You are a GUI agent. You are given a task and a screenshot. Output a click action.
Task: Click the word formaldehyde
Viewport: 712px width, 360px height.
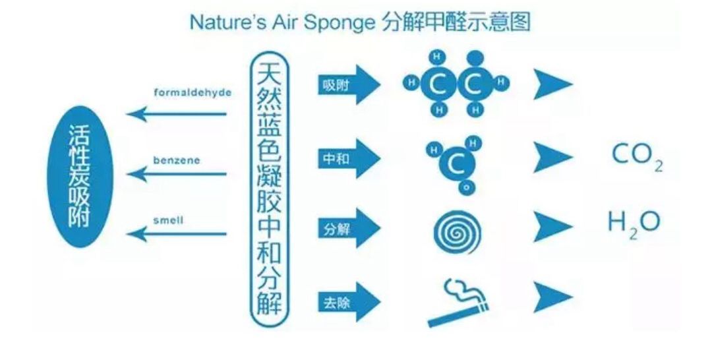pos(193,92)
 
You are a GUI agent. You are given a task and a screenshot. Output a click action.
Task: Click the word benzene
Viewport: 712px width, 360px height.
pos(177,160)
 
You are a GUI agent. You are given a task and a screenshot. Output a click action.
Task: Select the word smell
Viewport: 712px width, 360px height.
pos(168,220)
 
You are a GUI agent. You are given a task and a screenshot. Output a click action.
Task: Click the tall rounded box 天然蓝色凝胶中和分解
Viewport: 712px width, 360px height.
pos(270,188)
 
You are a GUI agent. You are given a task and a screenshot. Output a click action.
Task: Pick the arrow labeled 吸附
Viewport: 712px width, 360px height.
pos(348,84)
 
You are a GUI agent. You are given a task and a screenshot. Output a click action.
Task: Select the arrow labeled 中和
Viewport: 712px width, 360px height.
pos(348,159)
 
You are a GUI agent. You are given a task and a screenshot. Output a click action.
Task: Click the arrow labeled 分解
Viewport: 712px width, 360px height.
pos(348,228)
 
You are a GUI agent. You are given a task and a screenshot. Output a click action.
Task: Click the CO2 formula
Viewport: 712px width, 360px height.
pos(636,156)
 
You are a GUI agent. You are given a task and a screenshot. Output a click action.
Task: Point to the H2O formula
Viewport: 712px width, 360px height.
pos(633,224)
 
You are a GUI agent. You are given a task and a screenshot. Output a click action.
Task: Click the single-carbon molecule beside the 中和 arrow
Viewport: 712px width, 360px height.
pos(454,163)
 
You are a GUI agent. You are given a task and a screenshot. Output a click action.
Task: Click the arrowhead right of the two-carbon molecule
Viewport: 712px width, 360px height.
pos(552,84)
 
